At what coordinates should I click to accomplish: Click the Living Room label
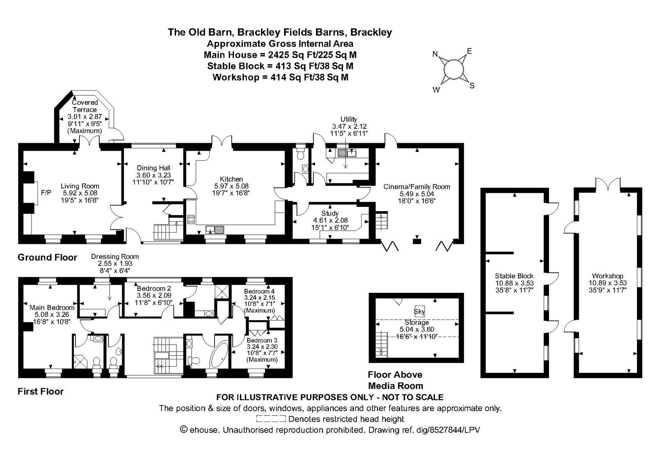80,186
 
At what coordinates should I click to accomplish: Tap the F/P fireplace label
46,193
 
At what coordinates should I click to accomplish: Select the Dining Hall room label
153,168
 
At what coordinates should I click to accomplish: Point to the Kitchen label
231,179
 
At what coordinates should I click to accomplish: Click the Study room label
330,213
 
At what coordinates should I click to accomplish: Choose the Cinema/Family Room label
416,187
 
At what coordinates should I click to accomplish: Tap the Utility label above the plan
349,119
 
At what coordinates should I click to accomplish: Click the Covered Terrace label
85,106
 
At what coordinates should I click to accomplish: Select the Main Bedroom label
52,308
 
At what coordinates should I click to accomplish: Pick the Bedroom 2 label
154,288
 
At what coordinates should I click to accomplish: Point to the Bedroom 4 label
259,291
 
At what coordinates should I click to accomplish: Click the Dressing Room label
115,256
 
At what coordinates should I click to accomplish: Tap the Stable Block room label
514,276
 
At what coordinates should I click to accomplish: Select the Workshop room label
607,276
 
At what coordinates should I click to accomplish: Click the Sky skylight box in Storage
419,311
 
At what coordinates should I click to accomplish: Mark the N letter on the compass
435,54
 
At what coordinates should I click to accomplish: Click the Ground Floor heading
47,258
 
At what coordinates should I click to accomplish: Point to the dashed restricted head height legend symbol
271,419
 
